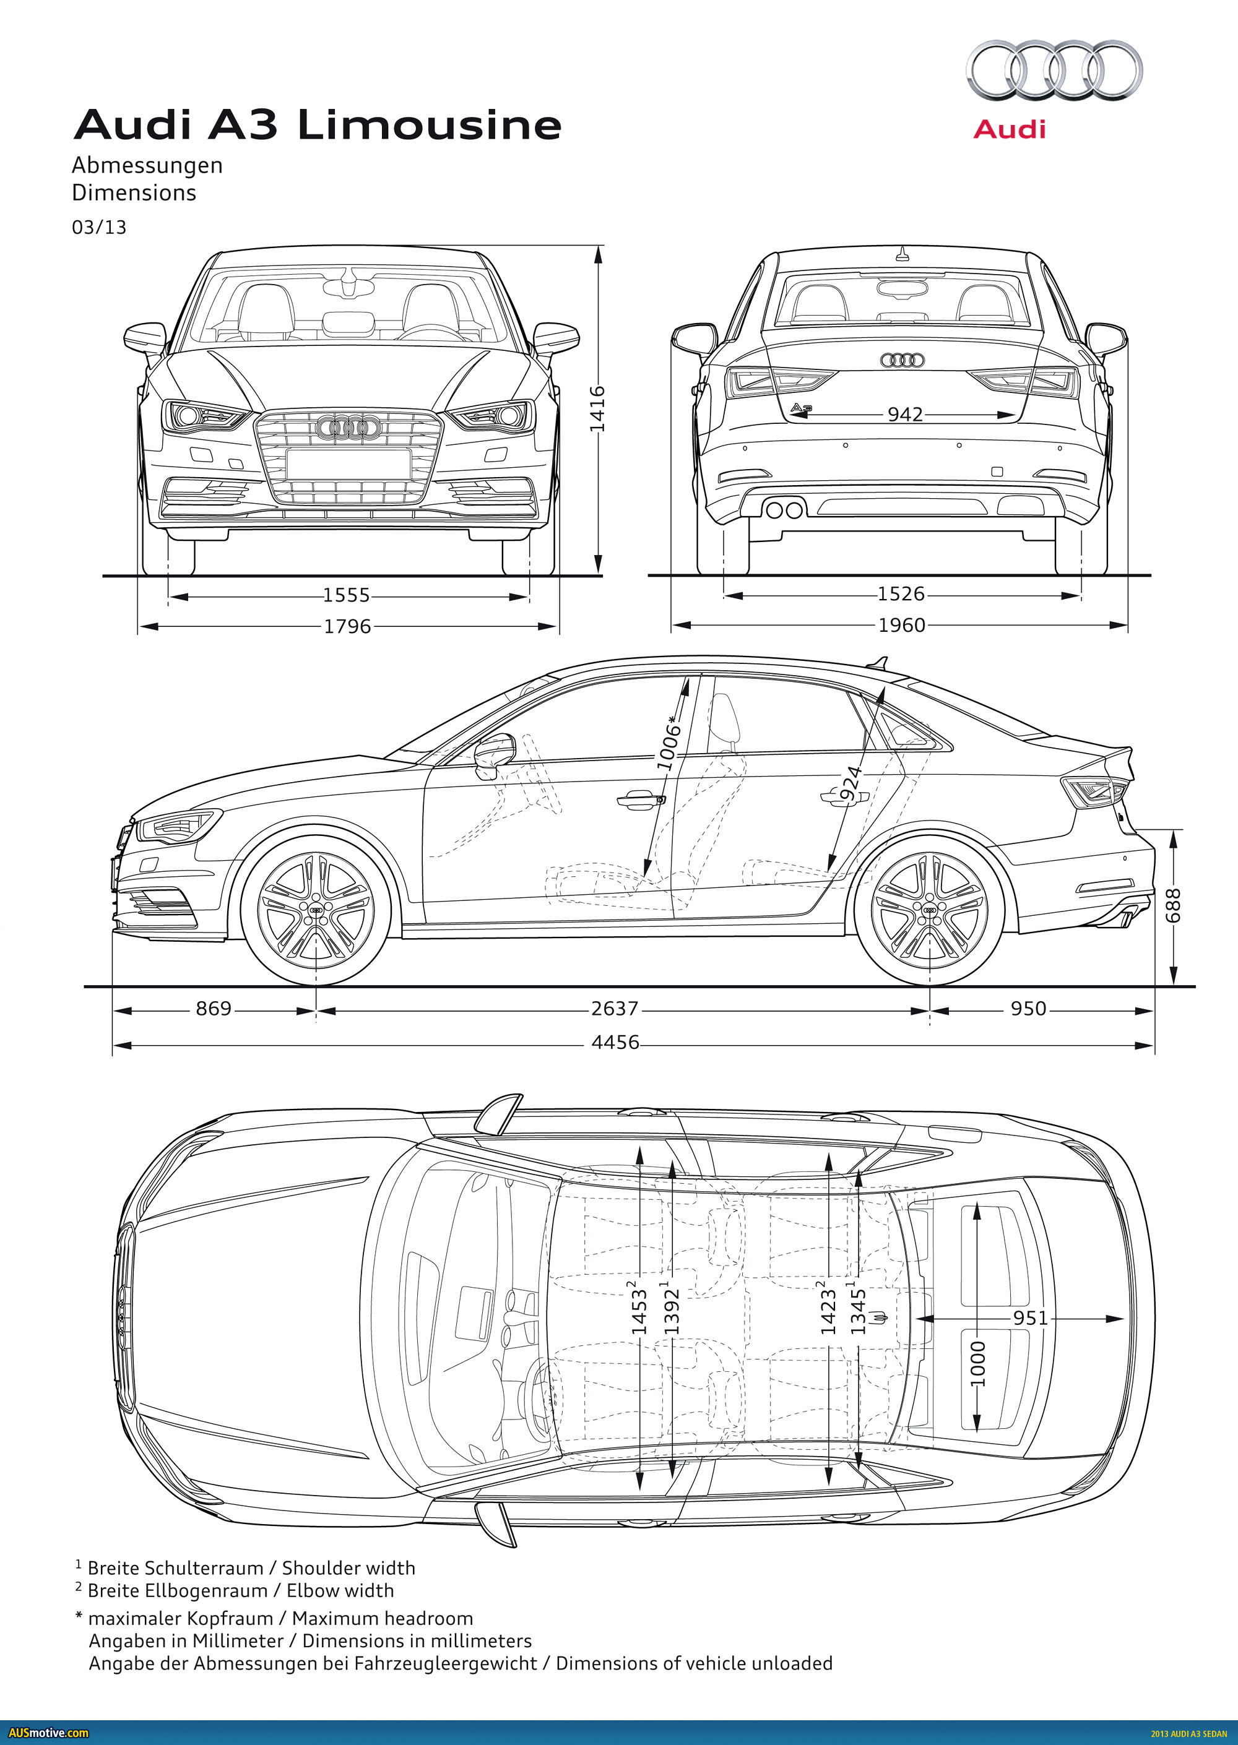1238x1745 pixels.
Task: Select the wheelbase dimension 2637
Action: click(615, 1008)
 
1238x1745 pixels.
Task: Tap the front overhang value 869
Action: click(214, 1008)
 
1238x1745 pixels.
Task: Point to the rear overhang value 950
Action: click(1028, 1008)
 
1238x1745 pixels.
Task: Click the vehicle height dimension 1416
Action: click(598, 408)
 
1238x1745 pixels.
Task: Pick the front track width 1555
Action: click(346, 595)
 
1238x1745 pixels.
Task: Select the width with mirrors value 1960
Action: click(902, 625)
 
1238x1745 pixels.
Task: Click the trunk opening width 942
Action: click(905, 414)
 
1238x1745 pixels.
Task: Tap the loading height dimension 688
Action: click(1173, 905)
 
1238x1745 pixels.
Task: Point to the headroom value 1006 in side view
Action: click(669, 743)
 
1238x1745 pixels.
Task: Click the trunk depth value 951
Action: click(1031, 1317)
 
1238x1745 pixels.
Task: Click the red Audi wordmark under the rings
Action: click(1010, 129)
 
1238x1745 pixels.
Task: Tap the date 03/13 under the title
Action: click(99, 227)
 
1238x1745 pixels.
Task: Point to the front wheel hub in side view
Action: click(316, 911)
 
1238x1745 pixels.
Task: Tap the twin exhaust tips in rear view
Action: click(784, 509)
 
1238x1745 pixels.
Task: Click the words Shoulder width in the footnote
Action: click(348, 1567)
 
